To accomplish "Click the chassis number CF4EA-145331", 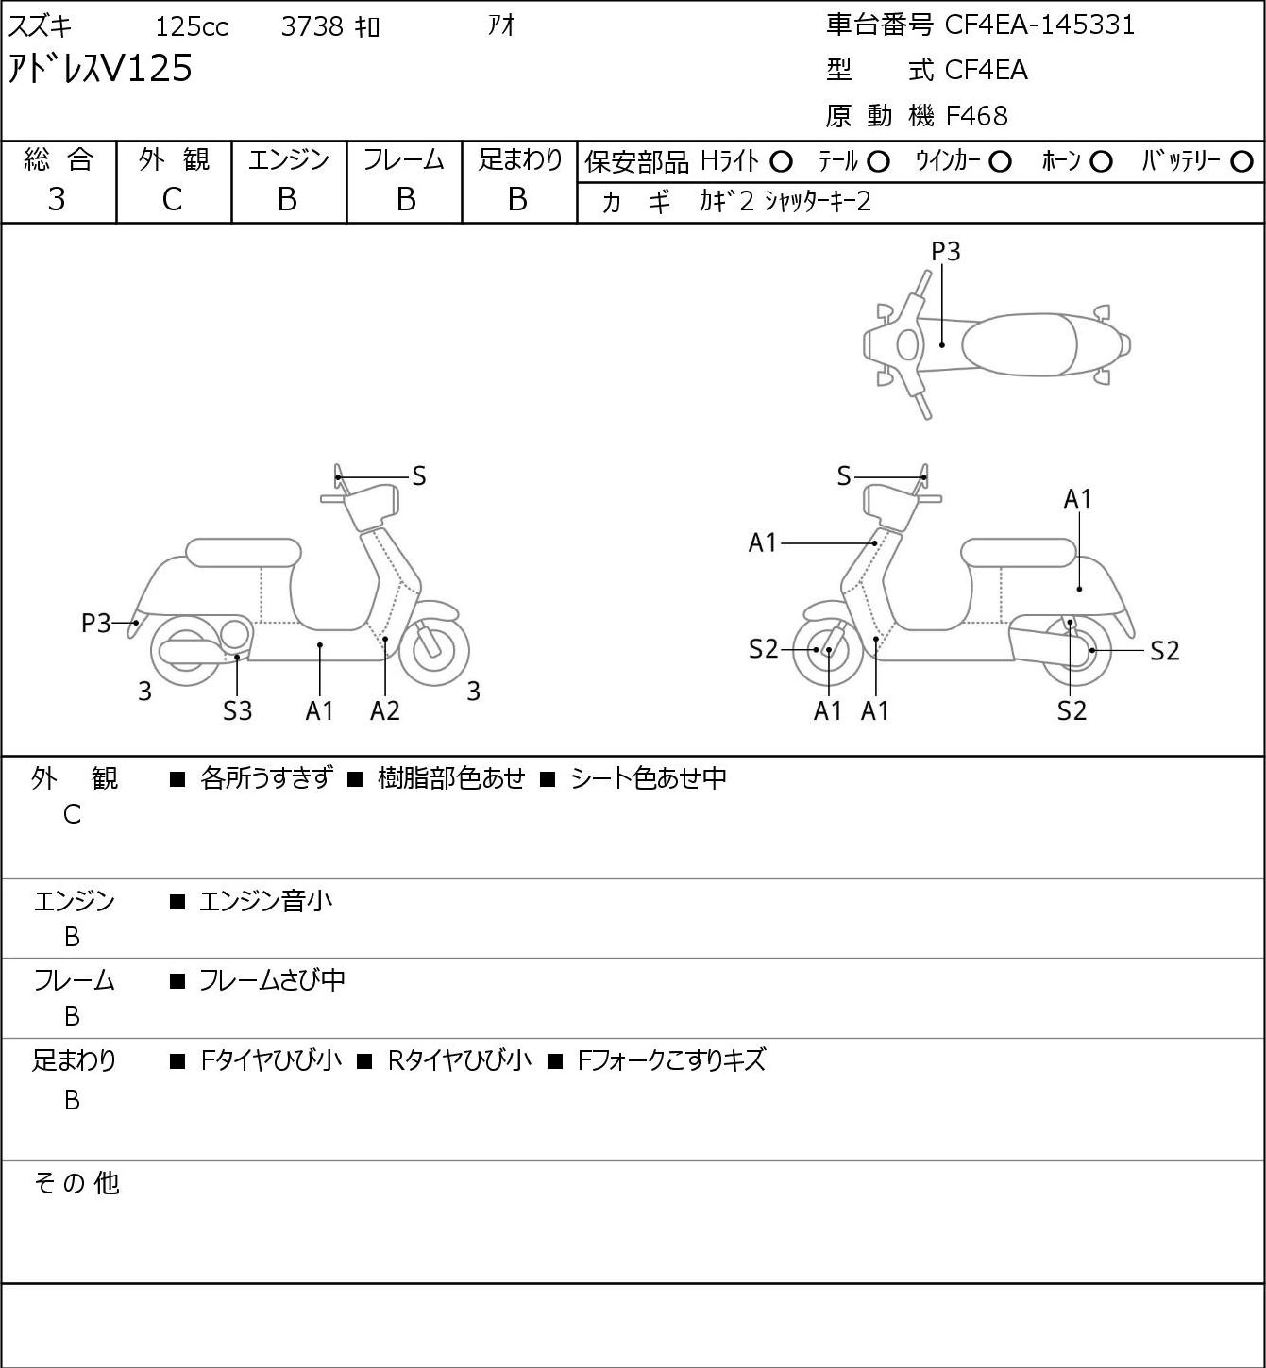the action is click(x=1039, y=25).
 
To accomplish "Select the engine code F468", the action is click(x=976, y=116).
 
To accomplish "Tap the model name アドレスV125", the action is click(x=100, y=69).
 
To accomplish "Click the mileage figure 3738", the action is click(x=312, y=26).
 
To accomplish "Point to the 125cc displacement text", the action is click(x=192, y=26).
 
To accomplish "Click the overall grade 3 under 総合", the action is click(x=57, y=200).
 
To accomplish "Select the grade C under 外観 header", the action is click(x=173, y=200).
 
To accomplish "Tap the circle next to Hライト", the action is click(x=781, y=162).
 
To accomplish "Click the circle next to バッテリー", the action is click(x=1241, y=162).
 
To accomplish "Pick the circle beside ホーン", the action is click(x=1101, y=162).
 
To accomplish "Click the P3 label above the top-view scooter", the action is click(x=945, y=251).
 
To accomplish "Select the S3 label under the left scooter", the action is click(x=237, y=710).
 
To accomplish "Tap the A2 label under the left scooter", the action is click(x=385, y=710).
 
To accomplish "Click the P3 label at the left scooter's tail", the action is click(x=96, y=624).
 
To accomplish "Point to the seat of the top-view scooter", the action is click(x=1019, y=344).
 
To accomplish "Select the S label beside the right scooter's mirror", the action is click(x=844, y=476).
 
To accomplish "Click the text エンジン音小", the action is click(x=265, y=901).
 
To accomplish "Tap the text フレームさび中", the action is click(x=273, y=980).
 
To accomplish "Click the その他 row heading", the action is click(x=76, y=1183).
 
